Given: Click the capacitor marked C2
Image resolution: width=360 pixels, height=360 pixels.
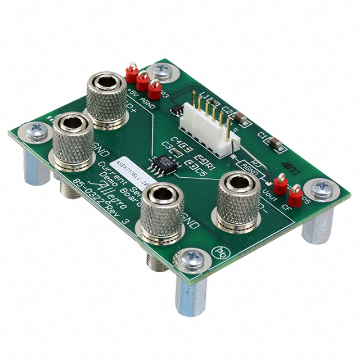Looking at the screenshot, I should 240,118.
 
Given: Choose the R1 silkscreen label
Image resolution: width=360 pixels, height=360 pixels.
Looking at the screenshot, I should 211,167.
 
